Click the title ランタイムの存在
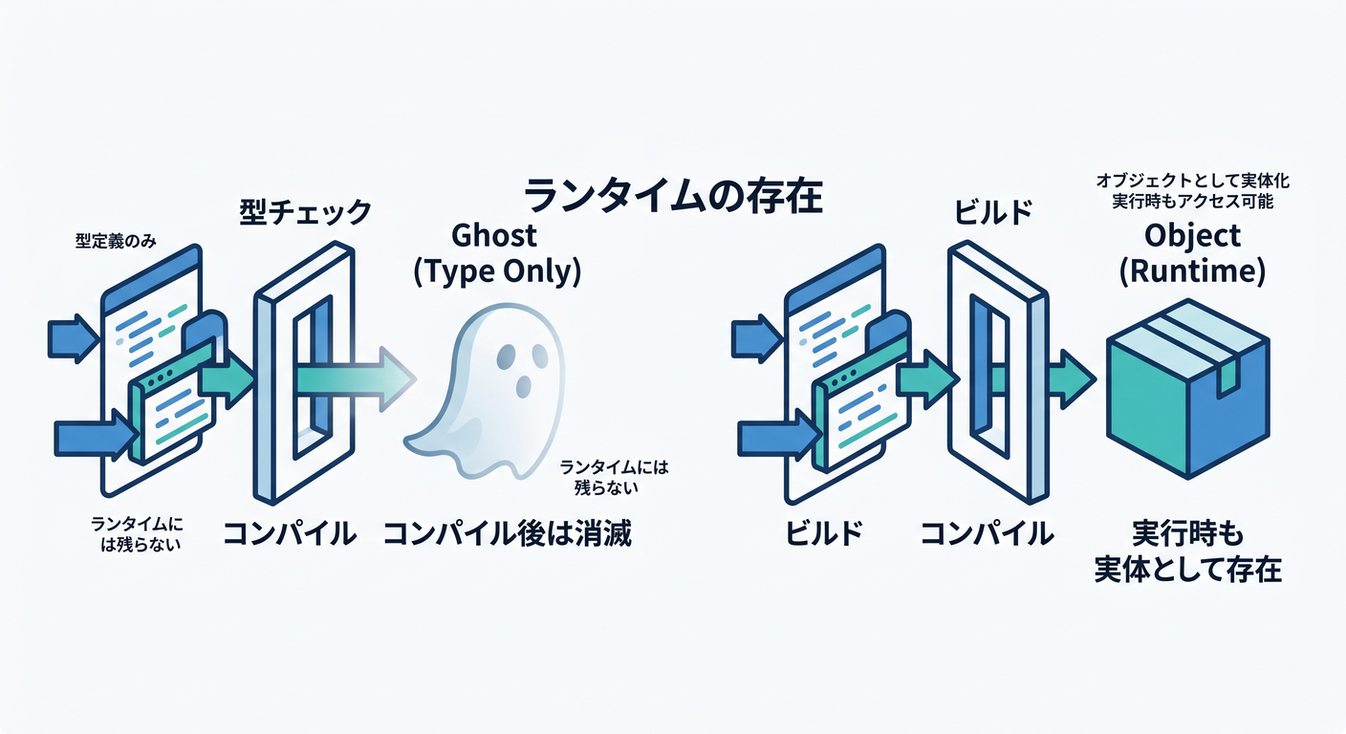[673, 196]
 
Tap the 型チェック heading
[306, 212]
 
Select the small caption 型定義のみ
[116, 241]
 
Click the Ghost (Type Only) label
[497, 253]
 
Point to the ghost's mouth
[523, 387]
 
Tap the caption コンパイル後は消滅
[508, 533]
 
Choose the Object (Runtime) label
[1192, 253]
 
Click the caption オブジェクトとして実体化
[1193, 181]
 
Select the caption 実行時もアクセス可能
[1193, 202]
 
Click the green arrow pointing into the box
[1073, 379]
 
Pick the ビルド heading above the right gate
[992, 212]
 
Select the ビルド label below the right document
[824, 533]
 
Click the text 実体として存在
[1188, 569]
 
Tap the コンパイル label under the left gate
[290, 533]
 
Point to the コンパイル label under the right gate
[987, 533]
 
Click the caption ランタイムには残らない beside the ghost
[613, 477]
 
